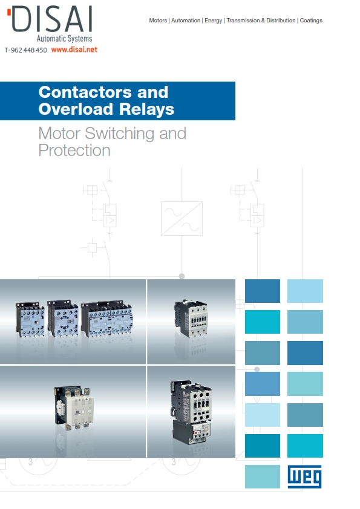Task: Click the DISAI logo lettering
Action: coord(52,19)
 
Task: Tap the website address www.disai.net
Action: coord(74,50)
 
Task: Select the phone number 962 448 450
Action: coord(29,50)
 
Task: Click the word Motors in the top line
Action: coord(158,21)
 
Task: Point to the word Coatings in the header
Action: coord(311,21)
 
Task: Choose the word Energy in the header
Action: coord(213,21)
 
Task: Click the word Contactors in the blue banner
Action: coord(85,92)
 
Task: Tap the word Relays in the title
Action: coord(146,109)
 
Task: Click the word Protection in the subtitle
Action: coord(74,151)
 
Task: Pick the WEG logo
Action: coord(305,476)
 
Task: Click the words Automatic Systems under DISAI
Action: coord(64,39)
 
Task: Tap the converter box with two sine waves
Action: coord(182,218)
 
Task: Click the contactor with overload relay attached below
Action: coord(192,412)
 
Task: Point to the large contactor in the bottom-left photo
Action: coord(74,407)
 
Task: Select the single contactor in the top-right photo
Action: coord(191,318)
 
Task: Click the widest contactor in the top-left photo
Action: coord(106,319)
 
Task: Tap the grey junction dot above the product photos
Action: coord(182,276)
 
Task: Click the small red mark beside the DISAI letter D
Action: coord(9,12)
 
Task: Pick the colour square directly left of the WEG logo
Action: coord(263,476)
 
